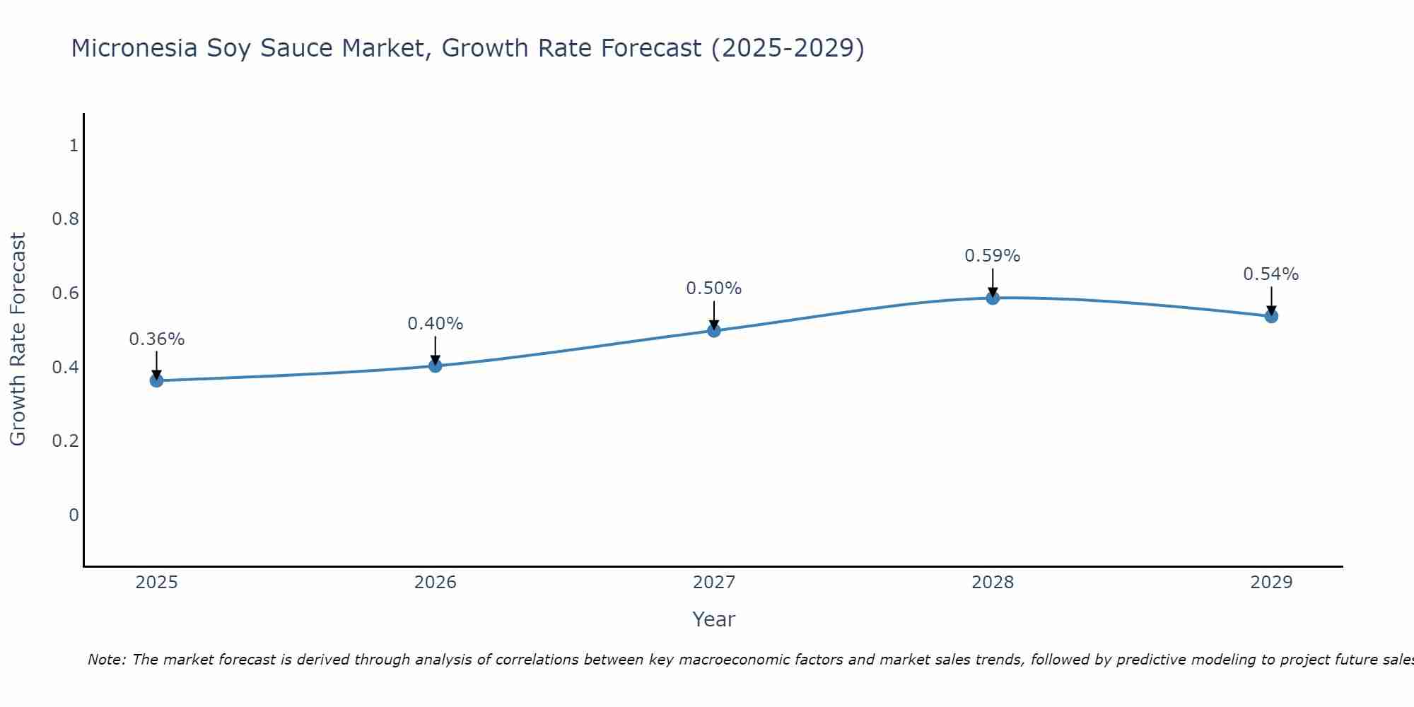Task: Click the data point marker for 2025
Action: pos(156,380)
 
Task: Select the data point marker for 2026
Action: pos(435,366)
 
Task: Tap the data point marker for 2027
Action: pos(713,330)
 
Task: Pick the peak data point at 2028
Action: pos(992,298)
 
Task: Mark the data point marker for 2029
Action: pos(1270,316)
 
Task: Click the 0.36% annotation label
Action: pos(156,339)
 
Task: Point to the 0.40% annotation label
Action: pos(435,324)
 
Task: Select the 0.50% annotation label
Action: pos(713,288)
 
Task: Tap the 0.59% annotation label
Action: pos(992,256)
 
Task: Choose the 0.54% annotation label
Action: pos(1270,274)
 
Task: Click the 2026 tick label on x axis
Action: pos(435,583)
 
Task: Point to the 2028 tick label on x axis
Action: pos(992,583)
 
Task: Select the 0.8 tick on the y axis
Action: pos(66,219)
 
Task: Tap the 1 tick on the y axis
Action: pos(74,146)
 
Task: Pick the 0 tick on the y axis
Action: pos(74,515)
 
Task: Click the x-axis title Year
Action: pos(713,619)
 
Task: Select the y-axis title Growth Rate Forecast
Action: pos(18,339)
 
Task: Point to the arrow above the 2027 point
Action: pos(713,315)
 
